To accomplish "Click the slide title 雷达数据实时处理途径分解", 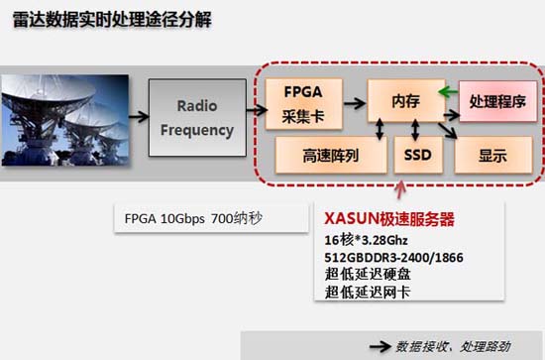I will pyautogui.click(x=117, y=20).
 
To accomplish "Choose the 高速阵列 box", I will pyautogui.click(x=330, y=156).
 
